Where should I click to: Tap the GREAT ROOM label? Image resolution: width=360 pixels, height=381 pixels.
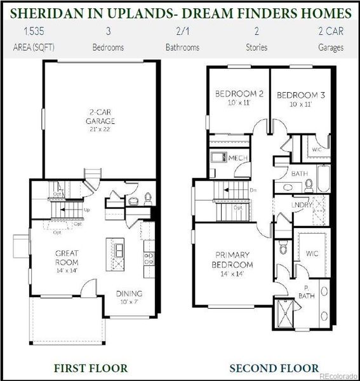66,257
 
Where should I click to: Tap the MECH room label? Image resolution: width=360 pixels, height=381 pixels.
238,158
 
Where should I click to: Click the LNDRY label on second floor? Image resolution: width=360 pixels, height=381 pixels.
302,205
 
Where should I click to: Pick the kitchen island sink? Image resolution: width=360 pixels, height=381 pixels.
117,244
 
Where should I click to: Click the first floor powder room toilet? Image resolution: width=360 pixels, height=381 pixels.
148,198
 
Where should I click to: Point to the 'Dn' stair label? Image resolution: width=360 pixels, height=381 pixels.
252,190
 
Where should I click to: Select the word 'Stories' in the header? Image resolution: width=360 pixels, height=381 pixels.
257,47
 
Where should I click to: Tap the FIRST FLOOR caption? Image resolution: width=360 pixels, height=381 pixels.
91,368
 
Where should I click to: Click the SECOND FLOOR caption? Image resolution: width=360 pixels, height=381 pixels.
274,368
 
